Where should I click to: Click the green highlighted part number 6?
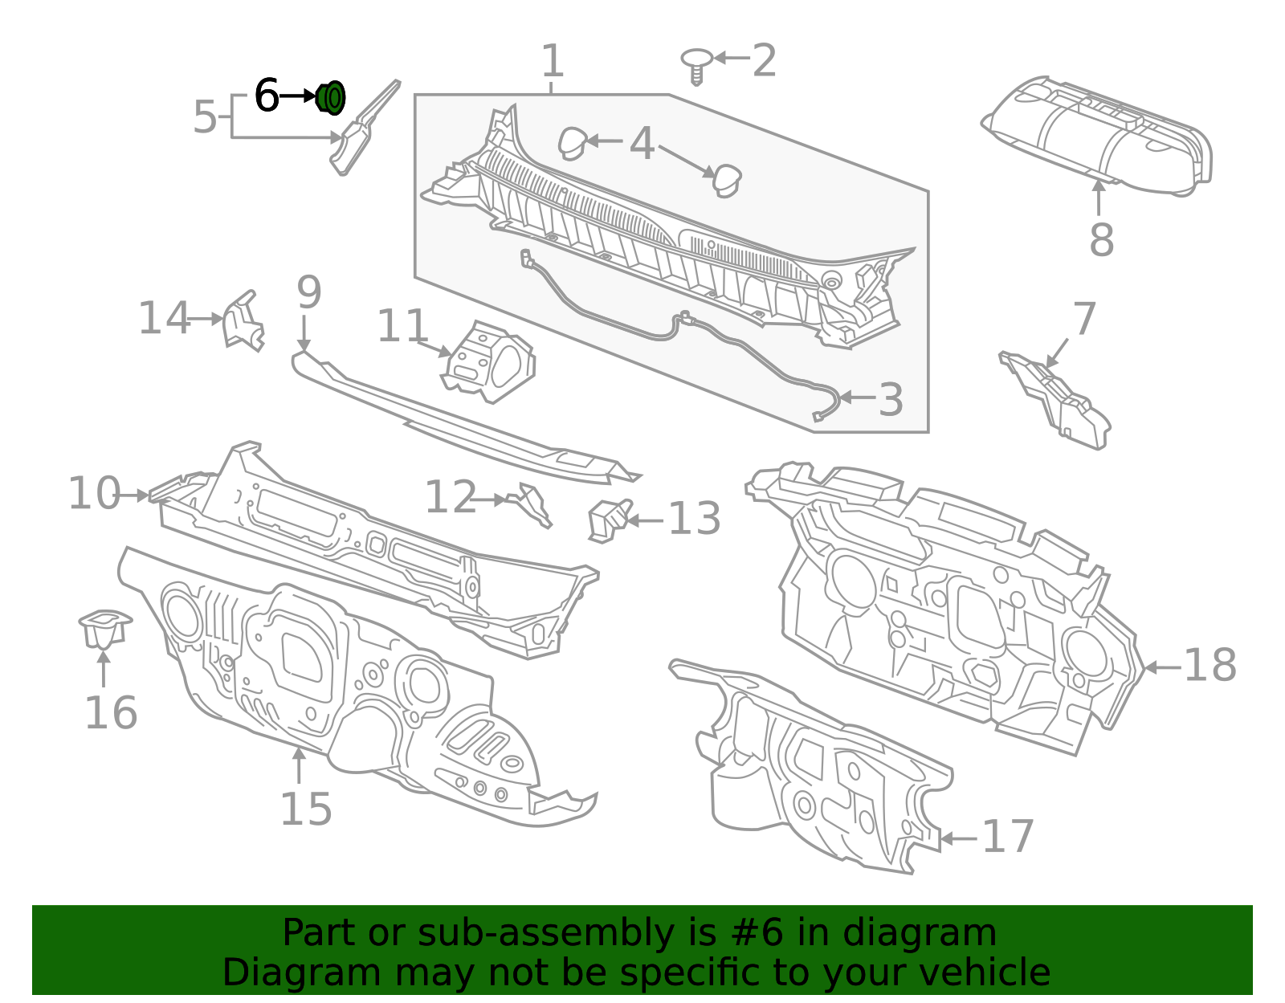(331, 97)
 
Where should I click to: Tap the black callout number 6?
(266, 96)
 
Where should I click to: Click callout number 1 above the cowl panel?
(553, 61)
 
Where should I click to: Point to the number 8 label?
(1101, 239)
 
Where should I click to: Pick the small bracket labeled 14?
(243, 322)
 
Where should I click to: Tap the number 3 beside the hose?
(890, 399)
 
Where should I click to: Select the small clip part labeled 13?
(609, 520)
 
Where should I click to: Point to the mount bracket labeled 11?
(487, 362)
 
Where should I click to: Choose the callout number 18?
(1210, 666)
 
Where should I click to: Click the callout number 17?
(1008, 838)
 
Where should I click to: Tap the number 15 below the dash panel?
(305, 809)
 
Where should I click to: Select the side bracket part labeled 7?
(1059, 399)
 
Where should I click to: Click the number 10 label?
(94, 493)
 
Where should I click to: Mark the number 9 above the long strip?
(308, 293)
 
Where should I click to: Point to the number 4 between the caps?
(642, 145)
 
